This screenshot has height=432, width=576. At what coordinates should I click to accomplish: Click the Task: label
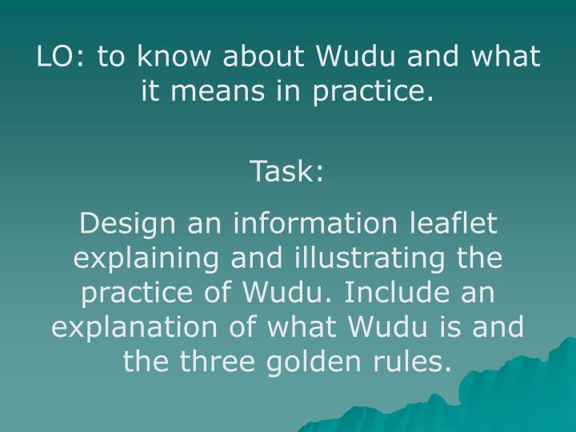pos(287,170)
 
